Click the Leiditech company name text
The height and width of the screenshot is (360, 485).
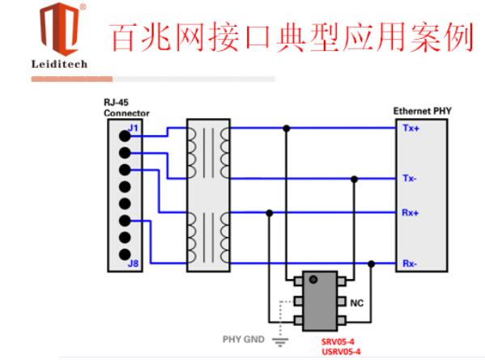click(x=59, y=64)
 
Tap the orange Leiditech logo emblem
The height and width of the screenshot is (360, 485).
click(x=60, y=28)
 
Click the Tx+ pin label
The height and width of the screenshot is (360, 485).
click(x=411, y=128)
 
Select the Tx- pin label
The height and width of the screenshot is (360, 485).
click(x=410, y=178)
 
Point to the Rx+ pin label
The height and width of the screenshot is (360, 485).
click(x=411, y=213)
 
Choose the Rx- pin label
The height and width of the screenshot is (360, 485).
click(x=410, y=264)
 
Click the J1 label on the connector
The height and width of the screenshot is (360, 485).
click(x=134, y=128)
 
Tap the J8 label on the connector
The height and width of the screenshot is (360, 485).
click(x=134, y=264)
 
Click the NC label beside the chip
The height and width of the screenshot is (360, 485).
click(x=356, y=303)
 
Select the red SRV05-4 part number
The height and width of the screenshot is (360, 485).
click(x=338, y=341)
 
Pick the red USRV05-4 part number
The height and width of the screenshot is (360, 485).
click(x=341, y=352)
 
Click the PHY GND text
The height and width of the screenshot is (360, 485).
click(x=244, y=339)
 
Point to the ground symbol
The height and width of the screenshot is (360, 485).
click(x=280, y=341)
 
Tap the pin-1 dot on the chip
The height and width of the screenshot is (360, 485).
click(x=313, y=280)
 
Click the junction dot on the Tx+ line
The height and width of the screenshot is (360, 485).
click(x=287, y=129)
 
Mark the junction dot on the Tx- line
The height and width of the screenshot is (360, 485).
click(x=355, y=180)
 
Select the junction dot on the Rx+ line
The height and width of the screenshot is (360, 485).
click(x=270, y=213)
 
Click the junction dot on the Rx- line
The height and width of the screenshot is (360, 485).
click(x=372, y=264)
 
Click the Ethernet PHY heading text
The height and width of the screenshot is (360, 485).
click(x=422, y=111)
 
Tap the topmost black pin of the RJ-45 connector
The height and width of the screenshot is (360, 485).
click(x=125, y=136)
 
